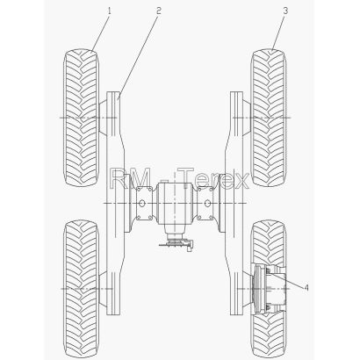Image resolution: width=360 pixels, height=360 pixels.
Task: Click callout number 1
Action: coord(110,11)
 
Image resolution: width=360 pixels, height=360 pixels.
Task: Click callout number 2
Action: coord(158,11)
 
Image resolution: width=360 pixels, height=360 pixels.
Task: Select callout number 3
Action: coord(285,11)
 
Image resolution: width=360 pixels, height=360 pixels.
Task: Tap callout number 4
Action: coord(306,288)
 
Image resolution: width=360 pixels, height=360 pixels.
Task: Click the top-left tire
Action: coord(81,118)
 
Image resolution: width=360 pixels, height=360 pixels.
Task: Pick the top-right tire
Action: coord(269,118)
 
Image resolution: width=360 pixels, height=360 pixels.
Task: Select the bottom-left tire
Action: coord(81,290)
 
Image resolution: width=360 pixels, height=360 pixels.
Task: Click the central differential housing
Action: coord(175,203)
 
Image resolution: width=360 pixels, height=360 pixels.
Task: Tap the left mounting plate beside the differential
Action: coord(144,203)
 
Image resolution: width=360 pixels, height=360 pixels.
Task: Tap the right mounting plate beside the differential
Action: coord(205,203)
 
